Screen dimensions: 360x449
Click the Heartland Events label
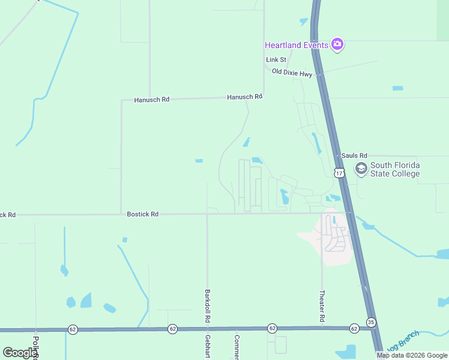tap(297, 45)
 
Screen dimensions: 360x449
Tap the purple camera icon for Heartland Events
tap(337, 44)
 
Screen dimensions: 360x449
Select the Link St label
tap(276, 60)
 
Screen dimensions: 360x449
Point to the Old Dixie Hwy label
tap(292, 73)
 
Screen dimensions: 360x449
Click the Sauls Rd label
tap(354, 155)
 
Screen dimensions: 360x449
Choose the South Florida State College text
tap(394, 169)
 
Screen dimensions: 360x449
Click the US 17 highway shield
tap(339, 173)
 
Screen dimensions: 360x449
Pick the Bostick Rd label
tap(143, 214)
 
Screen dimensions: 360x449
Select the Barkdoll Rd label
tap(207, 305)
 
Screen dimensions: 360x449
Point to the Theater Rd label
tap(322, 305)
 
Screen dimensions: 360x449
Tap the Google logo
tap(20, 353)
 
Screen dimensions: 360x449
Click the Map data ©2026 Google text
tap(412, 355)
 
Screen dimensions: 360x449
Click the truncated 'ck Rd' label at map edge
tap(8, 214)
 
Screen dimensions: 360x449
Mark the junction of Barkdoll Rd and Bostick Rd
tap(207, 214)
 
